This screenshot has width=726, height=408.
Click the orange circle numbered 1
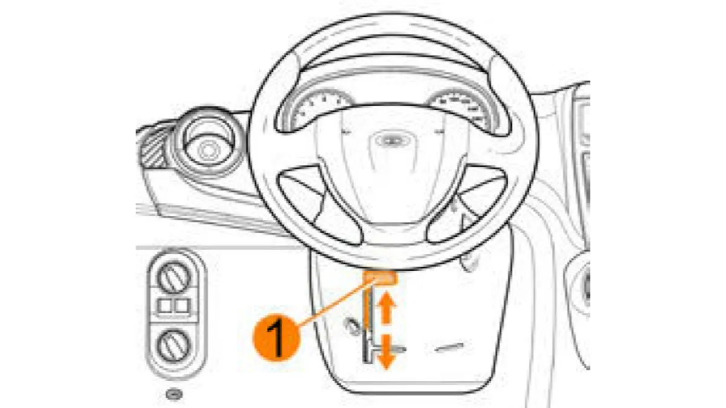point(276,338)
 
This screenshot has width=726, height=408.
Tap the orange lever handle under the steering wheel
point(380,278)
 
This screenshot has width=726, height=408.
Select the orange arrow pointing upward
point(386,307)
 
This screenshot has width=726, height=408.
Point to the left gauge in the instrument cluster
point(319,109)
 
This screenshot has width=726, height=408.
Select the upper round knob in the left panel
point(174,277)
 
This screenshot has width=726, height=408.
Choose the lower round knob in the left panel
point(174,346)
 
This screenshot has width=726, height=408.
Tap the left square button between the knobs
point(165,306)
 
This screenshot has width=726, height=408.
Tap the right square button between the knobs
point(182,306)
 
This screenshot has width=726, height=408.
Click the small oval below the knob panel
point(174,394)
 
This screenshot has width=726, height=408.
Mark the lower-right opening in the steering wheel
point(466,205)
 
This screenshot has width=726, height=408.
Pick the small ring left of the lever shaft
point(353,326)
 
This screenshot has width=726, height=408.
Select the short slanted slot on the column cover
point(449,348)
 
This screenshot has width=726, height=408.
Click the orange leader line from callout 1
point(337,302)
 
